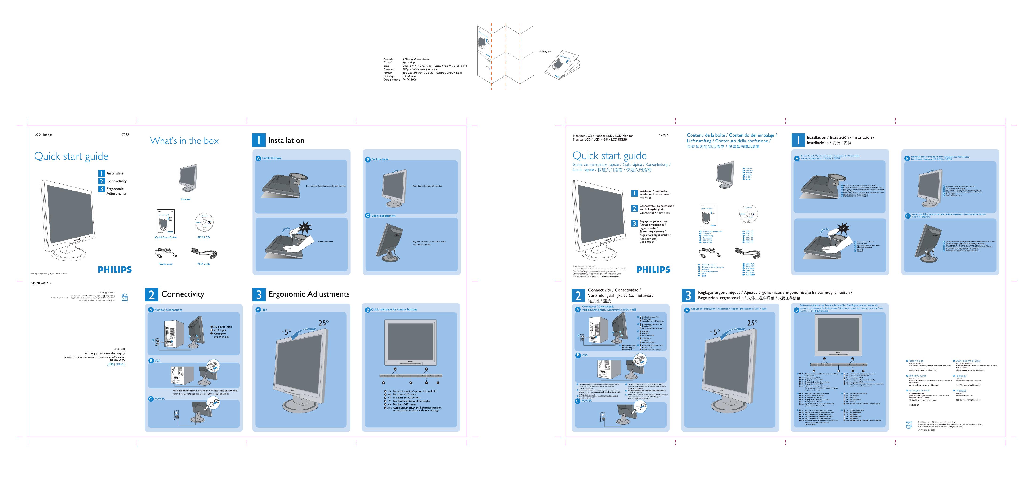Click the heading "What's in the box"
point(184,141)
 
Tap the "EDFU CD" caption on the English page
point(204,237)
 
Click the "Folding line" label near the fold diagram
point(545,52)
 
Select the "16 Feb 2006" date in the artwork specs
point(409,80)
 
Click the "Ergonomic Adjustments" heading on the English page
point(309,294)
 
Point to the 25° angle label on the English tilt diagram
point(323,323)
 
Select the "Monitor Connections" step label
point(168,310)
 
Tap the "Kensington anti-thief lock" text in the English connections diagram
point(221,335)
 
